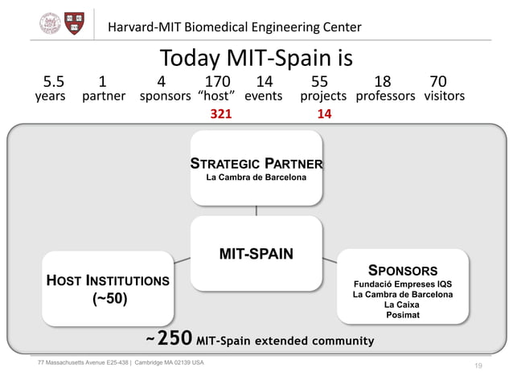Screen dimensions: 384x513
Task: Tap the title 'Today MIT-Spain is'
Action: click(x=256, y=58)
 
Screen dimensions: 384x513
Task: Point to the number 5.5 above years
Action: click(x=54, y=81)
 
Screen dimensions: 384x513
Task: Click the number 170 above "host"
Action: click(x=217, y=81)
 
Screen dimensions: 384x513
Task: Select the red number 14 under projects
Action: click(x=325, y=114)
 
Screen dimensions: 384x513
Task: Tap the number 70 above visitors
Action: click(x=438, y=81)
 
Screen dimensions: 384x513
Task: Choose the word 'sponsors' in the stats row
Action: click(x=165, y=96)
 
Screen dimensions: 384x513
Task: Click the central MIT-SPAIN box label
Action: click(x=256, y=255)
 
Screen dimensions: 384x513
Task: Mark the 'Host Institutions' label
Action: click(x=107, y=281)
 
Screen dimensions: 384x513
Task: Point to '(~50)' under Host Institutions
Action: click(x=107, y=300)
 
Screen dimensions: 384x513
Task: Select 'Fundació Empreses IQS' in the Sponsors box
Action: click(x=402, y=284)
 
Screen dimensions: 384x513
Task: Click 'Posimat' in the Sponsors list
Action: click(x=402, y=315)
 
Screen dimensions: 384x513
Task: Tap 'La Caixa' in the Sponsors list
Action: click(x=402, y=304)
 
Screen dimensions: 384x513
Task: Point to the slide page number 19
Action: click(x=478, y=366)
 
